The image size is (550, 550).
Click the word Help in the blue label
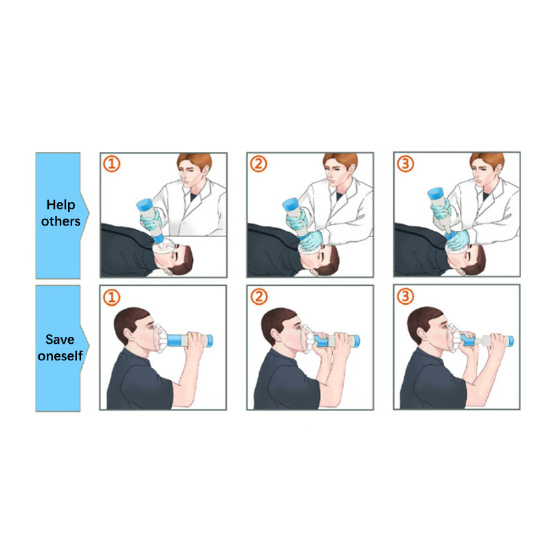pyautogui.click(x=60, y=205)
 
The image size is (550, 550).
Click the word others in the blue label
pyautogui.click(x=60, y=221)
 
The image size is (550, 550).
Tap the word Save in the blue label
pyautogui.click(x=60, y=339)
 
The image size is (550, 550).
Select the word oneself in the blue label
pyautogui.click(x=60, y=355)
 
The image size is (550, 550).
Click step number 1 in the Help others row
pyautogui.click(x=112, y=164)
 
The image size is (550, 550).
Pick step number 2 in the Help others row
pyautogui.click(x=258, y=164)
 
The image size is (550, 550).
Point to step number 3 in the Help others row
pyautogui.click(x=406, y=164)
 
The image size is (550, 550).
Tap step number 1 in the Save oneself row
pyautogui.click(x=112, y=297)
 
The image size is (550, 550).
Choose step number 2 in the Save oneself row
pyautogui.click(x=259, y=297)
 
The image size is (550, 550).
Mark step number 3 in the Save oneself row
pyautogui.click(x=406, y=296)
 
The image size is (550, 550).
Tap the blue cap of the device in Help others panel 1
pyautogui.click(x=144, y=204)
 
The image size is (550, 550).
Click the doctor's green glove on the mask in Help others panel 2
pyautogui.click(x=311, y=240)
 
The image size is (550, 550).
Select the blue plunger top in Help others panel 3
pyautogui.click(x=436, y=195)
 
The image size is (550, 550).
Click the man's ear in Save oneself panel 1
pyautogui.click(x=129, y=335)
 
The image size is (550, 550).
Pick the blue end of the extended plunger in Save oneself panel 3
pyautogui.click(x=509, y=340)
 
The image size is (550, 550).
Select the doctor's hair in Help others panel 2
pyautogui.click(x=340, y=161)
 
